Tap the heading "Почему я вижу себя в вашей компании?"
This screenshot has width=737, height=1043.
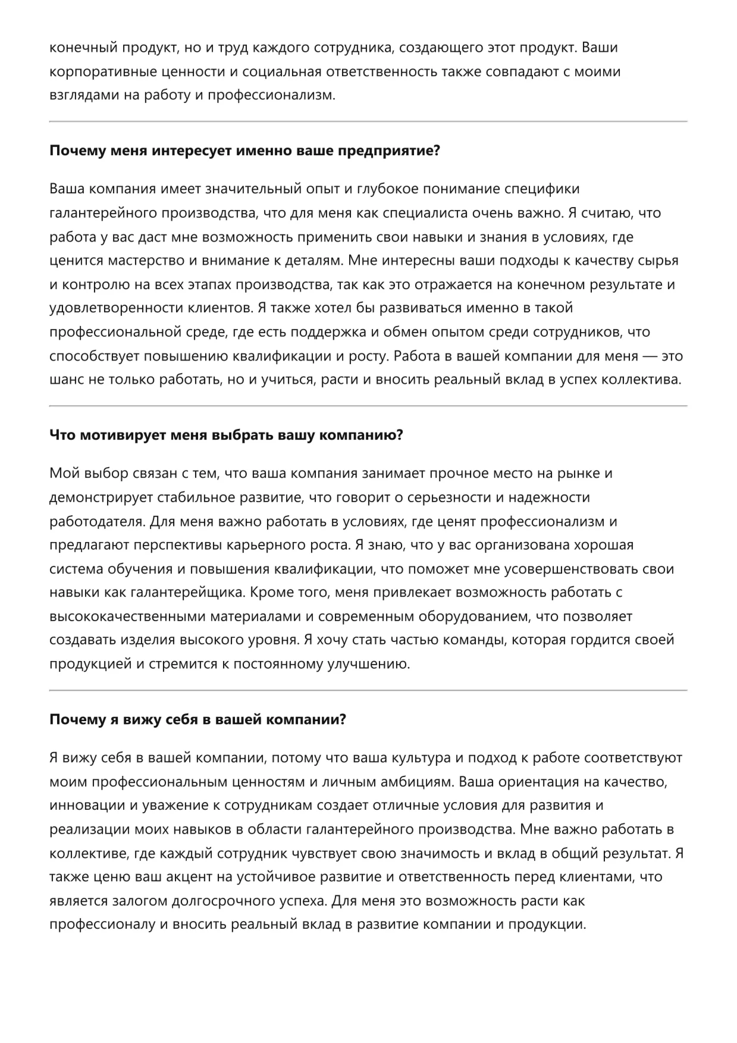point(197,719)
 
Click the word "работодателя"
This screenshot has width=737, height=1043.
point(96,521)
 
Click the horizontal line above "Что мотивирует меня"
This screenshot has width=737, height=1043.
point(368,406)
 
